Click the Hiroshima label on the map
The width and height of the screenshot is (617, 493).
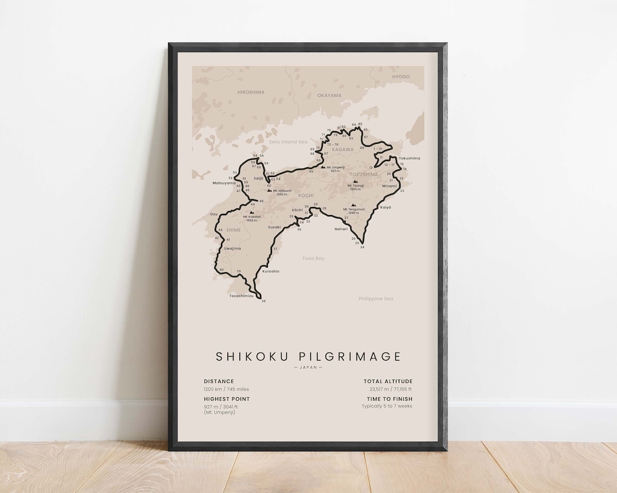(x=251, y=92)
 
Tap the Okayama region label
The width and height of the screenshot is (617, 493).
(x=329, y=95)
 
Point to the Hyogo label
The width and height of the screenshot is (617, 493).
(x=400, y=76)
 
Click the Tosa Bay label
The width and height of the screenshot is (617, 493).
(x=314, y=258)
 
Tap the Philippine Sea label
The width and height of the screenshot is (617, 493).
(x=376, y=298)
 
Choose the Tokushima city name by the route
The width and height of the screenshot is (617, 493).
(x=409, y=158)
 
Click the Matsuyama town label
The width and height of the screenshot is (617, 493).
(x=224, y=183)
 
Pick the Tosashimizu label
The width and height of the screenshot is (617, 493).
(x=241, y=296)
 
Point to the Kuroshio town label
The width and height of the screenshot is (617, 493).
(x=271, y=271)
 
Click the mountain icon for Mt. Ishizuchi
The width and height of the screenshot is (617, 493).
(x=269, y=191)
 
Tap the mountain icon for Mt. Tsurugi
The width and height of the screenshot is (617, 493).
(x=355, y=182)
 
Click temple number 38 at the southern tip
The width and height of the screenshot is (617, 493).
(x=263, y=301)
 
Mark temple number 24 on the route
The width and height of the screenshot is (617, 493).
(x=362, y=247)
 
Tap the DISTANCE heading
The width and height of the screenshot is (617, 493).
(x=219, y=381)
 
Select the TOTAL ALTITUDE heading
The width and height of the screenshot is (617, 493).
(x=388, y=381)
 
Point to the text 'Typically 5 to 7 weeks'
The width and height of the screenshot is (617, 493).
(x=387, y=406)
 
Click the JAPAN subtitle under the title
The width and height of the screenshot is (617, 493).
(x=308, y=367)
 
